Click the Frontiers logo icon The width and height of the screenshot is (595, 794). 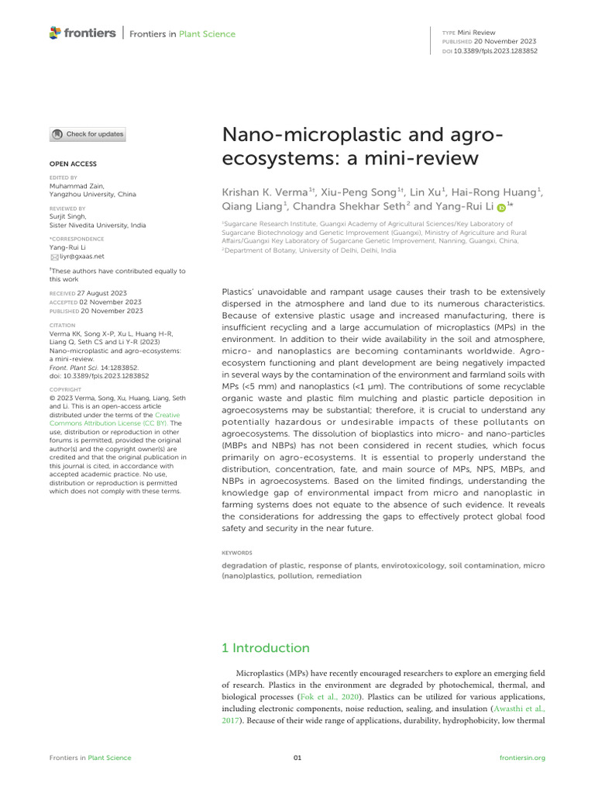tap(54, 33)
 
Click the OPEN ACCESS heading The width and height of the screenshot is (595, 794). tap(73, 164)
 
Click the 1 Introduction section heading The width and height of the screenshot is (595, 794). tap(265, 648)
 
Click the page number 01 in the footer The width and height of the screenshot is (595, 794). tap(297, 758)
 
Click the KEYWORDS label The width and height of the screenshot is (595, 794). tap(237, 553)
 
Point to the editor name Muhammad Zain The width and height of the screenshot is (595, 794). tap(76, 186)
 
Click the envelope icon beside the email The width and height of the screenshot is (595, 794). tap(54, 256)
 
